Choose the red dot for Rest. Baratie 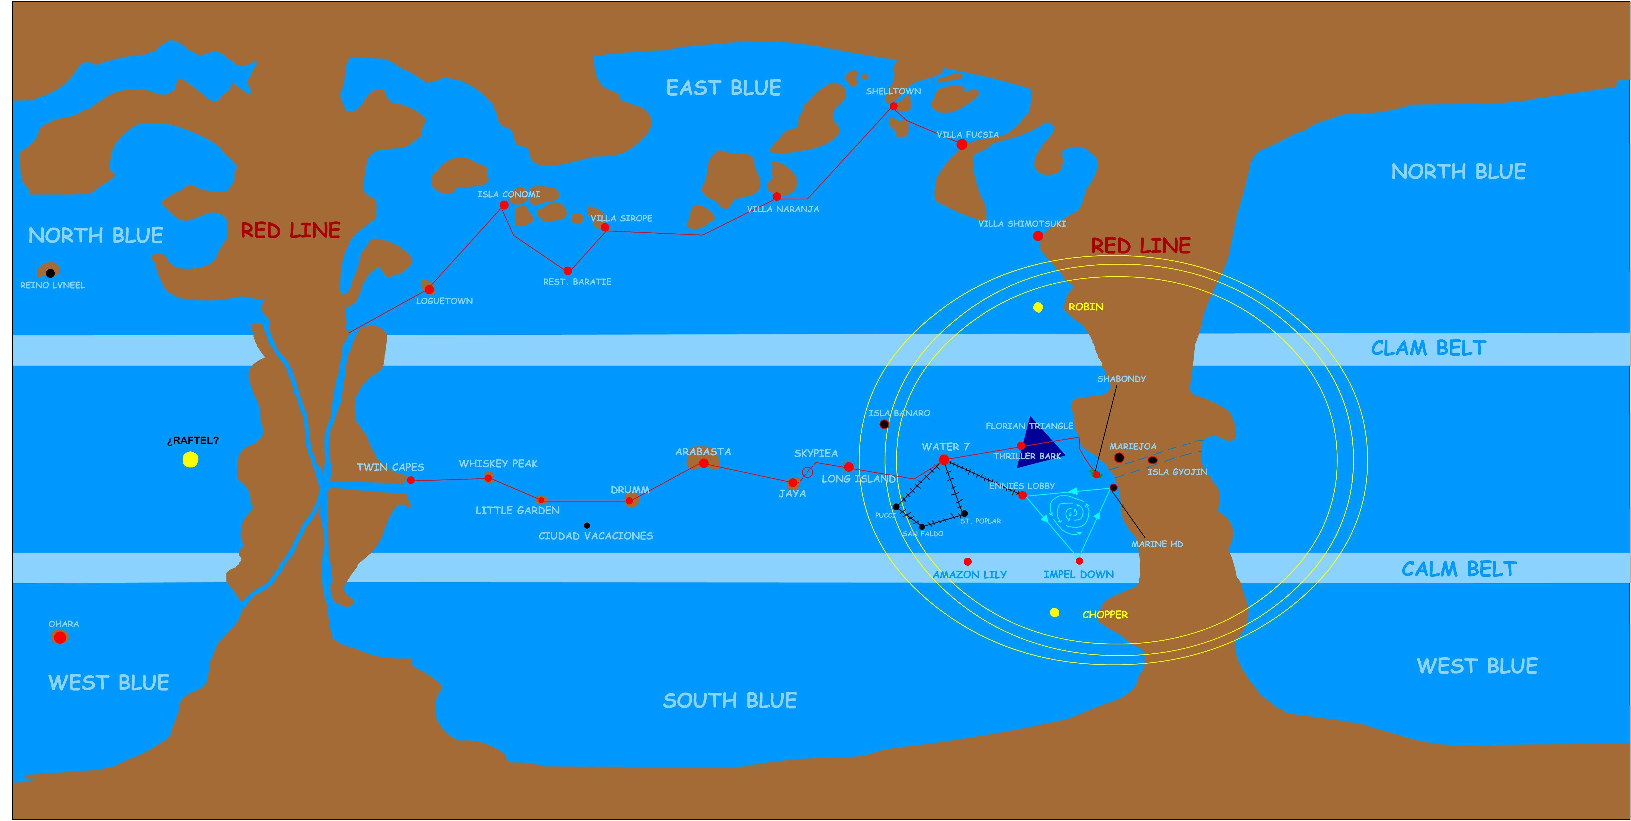pyautogui.click(x=567, y=271)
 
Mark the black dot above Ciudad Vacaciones pyautogui.click(x=587, y=525)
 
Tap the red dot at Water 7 pyautogui.click(x=943, y=460)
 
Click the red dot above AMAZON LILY pyautogui.click(x=967, y=562)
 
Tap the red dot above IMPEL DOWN pyautogui.click(x=1079, y=561)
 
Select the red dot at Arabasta pyautogui.click(x=704, y=463)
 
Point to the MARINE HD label pyautogui.click(x=1157, y=544)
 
